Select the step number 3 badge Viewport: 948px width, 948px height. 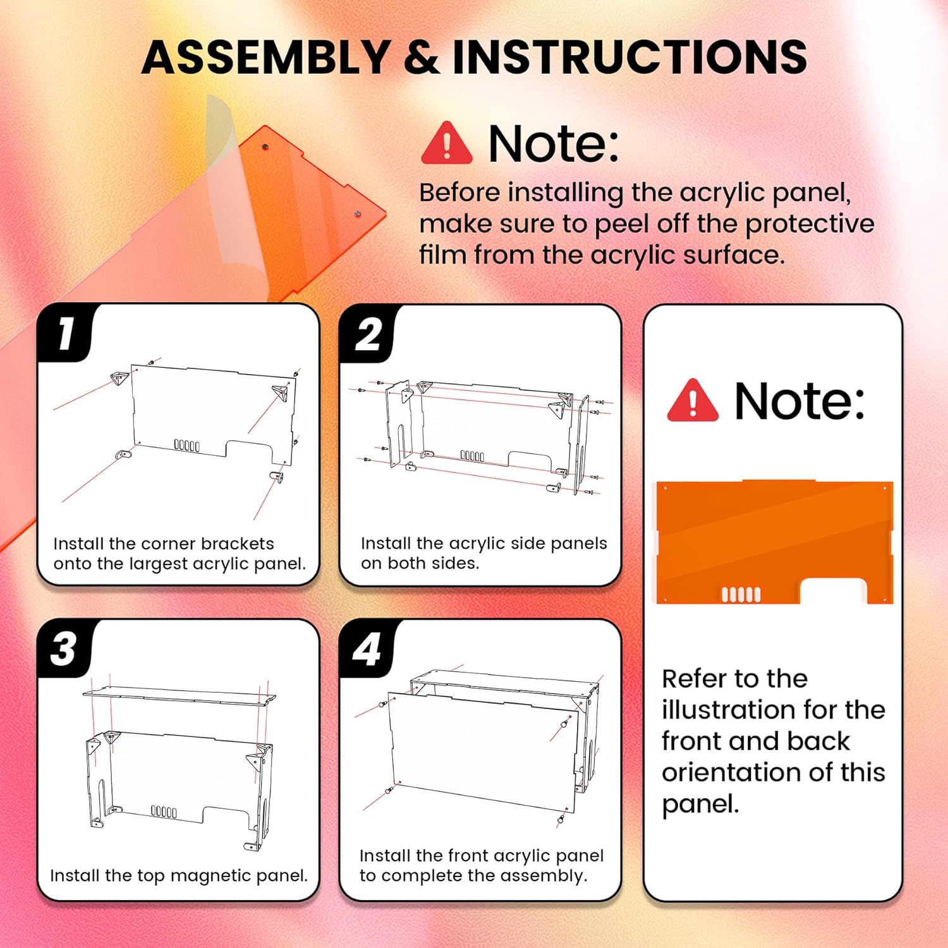[x=64, y=648]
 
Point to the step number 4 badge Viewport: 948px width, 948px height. [x=367, y=649]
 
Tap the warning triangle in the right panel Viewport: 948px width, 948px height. [x=693, y=401]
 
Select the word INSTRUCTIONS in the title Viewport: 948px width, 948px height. [x=629, y=57]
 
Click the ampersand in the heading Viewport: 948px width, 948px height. [x=420, y=57]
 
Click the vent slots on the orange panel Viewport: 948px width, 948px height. [x=741, y=594]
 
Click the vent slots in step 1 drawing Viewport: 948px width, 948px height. [x=187, y=446]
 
